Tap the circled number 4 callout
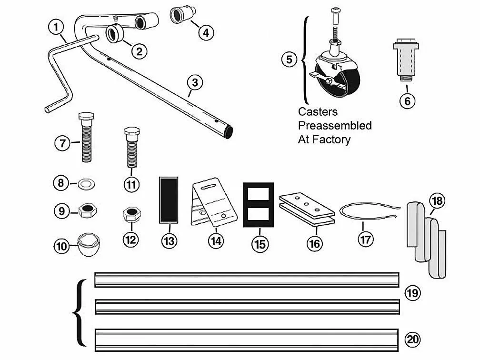tap(205, 32)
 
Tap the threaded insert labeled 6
tap(407, 61)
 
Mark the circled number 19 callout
tap(413, 293)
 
